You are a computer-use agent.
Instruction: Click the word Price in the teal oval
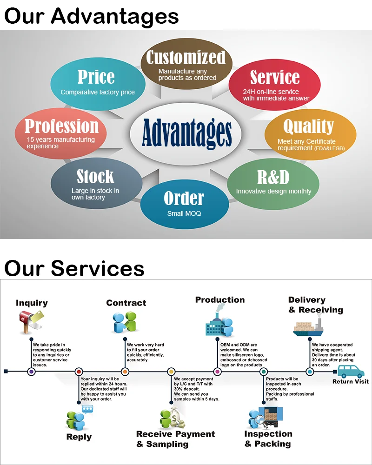click(96, 77)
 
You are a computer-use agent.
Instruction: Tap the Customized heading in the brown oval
click(186, 58)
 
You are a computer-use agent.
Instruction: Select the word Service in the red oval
click(275, 77)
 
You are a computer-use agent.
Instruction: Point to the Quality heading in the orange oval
click(308, 126)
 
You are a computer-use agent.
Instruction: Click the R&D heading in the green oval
click(273, 177)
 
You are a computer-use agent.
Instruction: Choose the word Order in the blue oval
click(184, 199)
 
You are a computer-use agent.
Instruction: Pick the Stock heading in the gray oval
click(95, 177)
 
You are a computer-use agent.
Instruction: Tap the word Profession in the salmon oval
click(61, 126)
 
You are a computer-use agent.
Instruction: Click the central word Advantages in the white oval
click(186, 132)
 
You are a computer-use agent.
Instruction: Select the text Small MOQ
click(184, 214)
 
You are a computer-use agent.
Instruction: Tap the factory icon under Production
click(218, 323)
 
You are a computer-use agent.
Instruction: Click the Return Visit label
click(350, 382)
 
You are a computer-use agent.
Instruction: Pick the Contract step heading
click(126, 303)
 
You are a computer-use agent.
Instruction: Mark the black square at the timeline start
click(6, 371)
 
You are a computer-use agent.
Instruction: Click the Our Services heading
click(74, 268)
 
